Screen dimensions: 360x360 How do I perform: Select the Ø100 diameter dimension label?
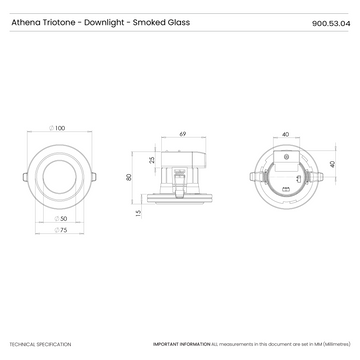[x=59, y=128]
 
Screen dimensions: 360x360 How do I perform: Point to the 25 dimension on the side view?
[x=152, y=160]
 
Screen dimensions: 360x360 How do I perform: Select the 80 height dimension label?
[x=129, y=177]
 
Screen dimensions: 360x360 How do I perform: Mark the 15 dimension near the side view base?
[x=138, y=213]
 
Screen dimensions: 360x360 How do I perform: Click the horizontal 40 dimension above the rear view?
[x=286, y=132]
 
